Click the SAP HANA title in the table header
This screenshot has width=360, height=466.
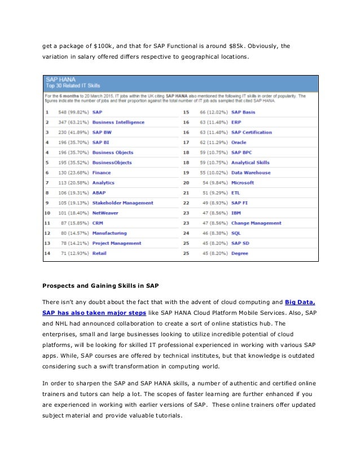[x=62, y=81]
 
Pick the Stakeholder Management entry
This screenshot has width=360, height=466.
[x=122, y=203]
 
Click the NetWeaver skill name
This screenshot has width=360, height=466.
[x=106, y=213]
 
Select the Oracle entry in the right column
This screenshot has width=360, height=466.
[x=239, y=142]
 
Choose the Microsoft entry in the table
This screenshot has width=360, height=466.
[x=243, y=183]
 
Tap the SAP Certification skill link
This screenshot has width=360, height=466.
[x=251, y=132]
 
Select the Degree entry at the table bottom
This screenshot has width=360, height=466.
[x=239, y=253]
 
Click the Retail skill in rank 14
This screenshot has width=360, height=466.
[x=99, y=253]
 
